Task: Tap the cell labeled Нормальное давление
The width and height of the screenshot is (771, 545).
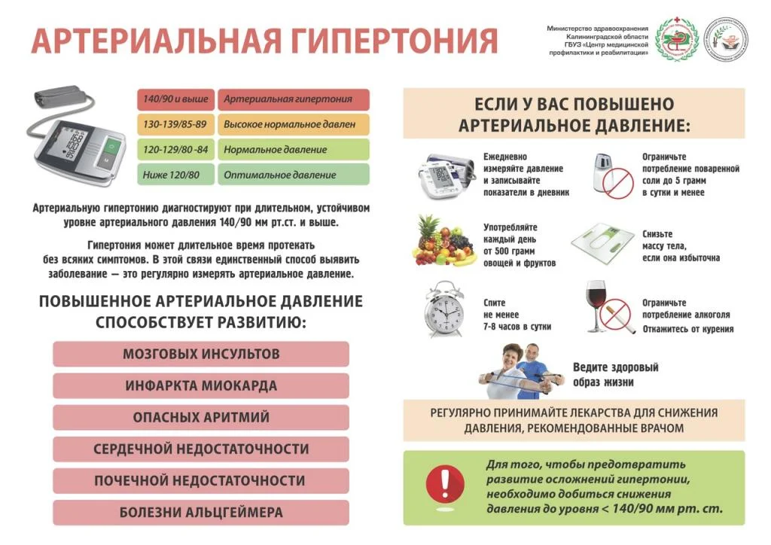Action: coord(294,150)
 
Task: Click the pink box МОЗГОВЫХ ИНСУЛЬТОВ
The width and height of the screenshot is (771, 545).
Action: coord(201,354)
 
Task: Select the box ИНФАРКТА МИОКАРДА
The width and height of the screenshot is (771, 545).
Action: coord(201,385)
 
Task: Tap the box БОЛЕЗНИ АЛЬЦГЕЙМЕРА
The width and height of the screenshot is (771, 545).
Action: coord(201,513)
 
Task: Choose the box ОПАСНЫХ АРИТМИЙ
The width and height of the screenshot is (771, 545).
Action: coord(201,417)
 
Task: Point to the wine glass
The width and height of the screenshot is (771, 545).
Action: coord(596,305)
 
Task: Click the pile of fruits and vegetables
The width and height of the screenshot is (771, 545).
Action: coord(443,242)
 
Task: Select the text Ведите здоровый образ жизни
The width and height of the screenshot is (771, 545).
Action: coord(615,374)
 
